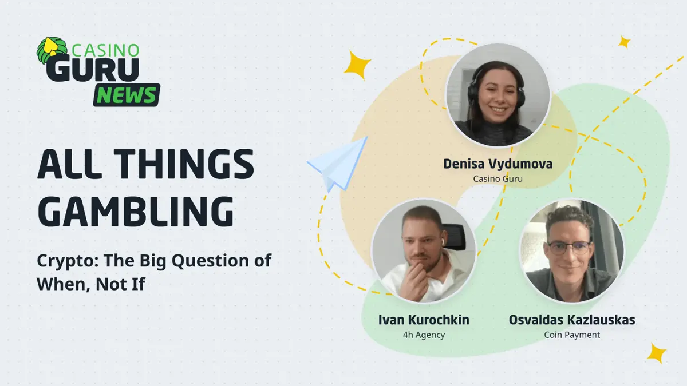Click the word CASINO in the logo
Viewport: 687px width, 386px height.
(105, 50)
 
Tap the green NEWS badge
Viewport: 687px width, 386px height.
(127, 95)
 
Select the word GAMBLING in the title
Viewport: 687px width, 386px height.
(136, 212)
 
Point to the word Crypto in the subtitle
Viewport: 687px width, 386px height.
(68, 261)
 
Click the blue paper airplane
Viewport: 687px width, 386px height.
(338, 164)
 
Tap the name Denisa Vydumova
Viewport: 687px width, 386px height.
(498, 164)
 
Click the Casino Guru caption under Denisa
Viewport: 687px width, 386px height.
(498, 178)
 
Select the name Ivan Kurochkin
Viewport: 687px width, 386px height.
(424, 320)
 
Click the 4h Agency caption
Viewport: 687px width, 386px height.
(424, 335)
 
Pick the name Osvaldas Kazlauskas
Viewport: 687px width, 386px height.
(572, 320)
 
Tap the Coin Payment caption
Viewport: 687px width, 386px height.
(572, 335)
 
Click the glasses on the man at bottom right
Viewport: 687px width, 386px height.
(569, 248)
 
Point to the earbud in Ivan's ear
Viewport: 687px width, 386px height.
(443, 241)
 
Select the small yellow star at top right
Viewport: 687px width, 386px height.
(624, 42)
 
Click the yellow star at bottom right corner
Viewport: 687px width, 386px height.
(657, 353)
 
